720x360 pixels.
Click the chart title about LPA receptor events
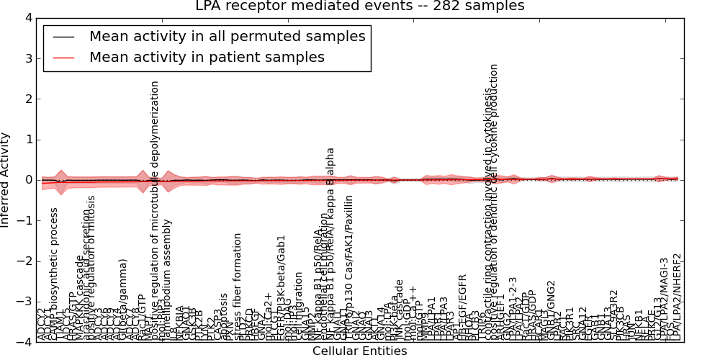(360, 6)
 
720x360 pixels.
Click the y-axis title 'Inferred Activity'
(6, 180)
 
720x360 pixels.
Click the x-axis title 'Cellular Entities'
(360, 351)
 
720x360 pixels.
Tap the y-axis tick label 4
(27, 18)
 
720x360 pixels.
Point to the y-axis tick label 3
(27, 58)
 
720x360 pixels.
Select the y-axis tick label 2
(27, 99)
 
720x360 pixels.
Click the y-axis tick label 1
(27, 140)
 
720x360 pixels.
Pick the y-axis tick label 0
(27, 180)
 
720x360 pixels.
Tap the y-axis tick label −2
(24, 261)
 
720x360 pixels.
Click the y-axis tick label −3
(24, 302)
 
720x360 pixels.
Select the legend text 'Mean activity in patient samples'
(207, 57)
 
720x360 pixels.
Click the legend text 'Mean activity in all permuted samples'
(227, 36)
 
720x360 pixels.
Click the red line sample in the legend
(65, 58)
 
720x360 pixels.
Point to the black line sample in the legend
(65, 37)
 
